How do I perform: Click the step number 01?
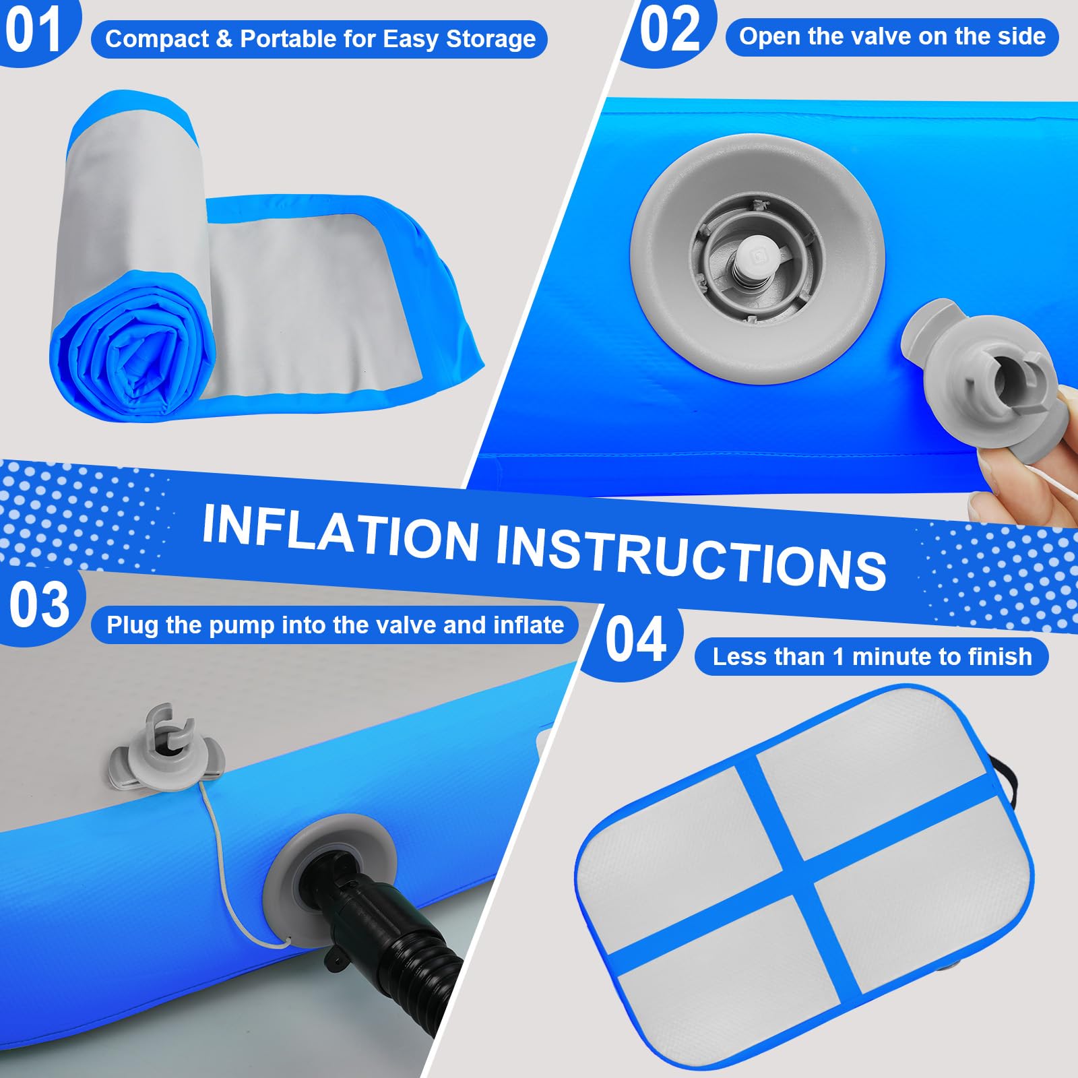point(33,30)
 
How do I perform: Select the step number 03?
point(39,604)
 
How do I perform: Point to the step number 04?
point(635,639)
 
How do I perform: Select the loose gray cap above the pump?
point(165,748)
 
